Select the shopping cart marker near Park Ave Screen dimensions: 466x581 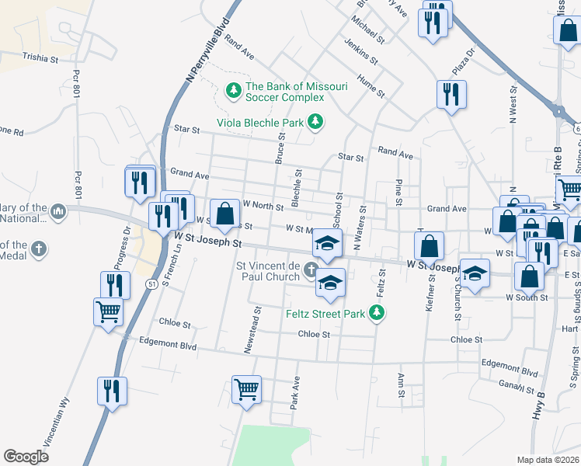tap(247, 388)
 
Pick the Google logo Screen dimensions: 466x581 tap(26, 456)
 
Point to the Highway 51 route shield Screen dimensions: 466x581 tap(149, 285)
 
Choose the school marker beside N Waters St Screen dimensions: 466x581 tap(328, 243)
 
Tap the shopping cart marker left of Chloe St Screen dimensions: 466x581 tap(109, 312)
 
